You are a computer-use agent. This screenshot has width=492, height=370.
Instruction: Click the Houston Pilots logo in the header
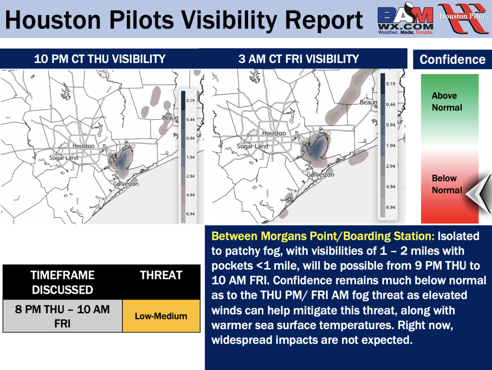[464, 18]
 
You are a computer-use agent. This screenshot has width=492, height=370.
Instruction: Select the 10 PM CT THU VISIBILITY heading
[100, 59]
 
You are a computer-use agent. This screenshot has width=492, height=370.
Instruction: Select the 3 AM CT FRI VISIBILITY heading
[298, 59]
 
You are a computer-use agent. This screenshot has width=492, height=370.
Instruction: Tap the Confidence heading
[453, 59]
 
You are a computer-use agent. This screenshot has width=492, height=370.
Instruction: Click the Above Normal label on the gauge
[447, 101]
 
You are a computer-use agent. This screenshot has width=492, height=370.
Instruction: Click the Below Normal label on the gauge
[447, 184]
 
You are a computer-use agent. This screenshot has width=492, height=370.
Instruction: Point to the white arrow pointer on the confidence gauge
[479, 193]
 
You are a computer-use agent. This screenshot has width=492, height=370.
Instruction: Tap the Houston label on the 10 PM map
[83, 146]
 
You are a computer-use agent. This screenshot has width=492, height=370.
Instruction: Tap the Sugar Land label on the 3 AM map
[253, 146]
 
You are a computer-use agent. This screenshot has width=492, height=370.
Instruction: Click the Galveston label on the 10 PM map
[126, 184]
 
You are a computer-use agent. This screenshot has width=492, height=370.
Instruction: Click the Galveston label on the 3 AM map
[320, 174]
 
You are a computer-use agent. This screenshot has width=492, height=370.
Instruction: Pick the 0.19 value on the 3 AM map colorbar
[391, 84]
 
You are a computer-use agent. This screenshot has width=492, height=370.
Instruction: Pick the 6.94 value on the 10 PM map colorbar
[190, 214]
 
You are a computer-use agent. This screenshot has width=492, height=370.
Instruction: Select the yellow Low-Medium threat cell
[161, 316]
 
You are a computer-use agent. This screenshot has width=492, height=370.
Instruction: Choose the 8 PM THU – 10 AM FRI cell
[62, 316]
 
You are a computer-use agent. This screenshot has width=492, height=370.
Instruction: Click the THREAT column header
[161, 275]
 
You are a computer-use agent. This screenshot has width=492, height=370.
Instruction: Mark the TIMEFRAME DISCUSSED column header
[62, 283]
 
